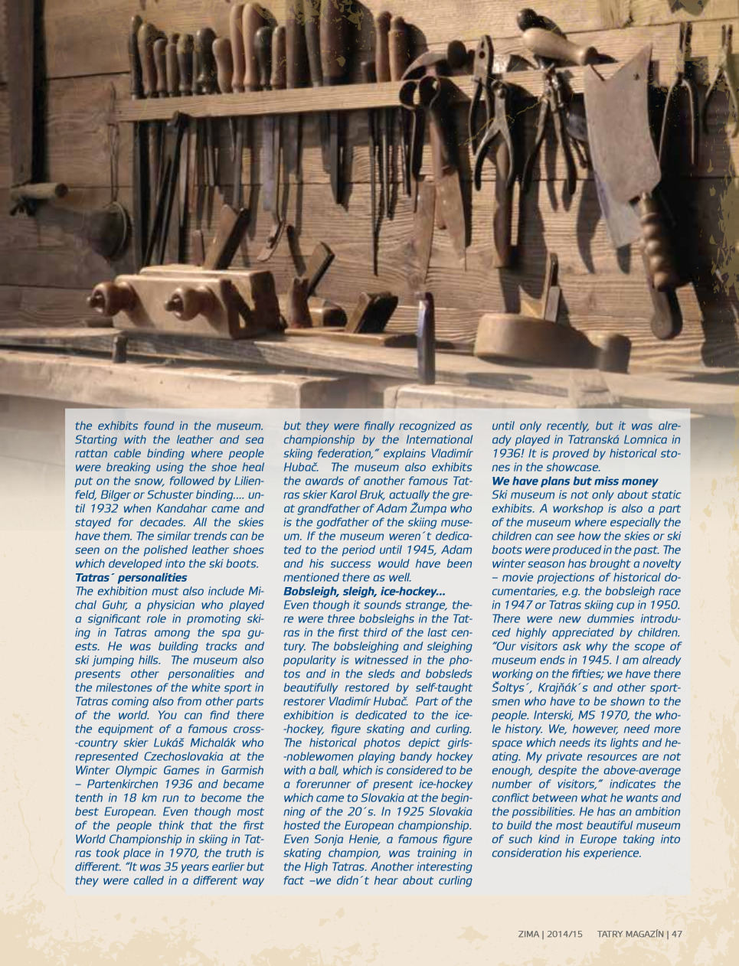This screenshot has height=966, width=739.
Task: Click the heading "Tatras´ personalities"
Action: [x=131, y=578]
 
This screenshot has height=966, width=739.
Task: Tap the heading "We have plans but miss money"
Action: [x=574, y=481]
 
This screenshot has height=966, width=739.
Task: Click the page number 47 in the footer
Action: [x=677, y=934]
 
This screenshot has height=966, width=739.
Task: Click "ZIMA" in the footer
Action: [x=528, y=934]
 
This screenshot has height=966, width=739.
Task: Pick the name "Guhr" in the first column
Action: [x=117, y=605]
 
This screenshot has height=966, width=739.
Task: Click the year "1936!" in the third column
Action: [x=508, y=454]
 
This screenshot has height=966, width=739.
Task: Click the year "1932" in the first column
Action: [x=103, y=509]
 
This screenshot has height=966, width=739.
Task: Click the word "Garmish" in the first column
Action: [x=239, y=771]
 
